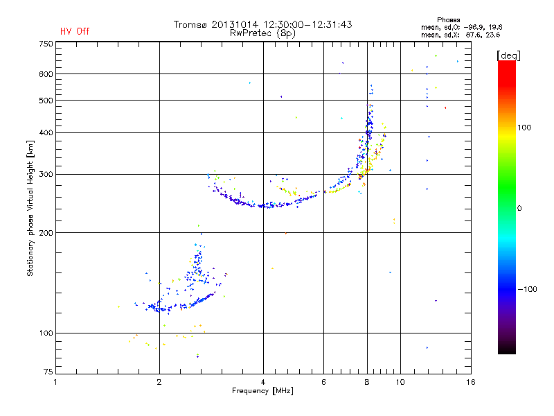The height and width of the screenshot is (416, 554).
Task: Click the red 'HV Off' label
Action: coord(74,31)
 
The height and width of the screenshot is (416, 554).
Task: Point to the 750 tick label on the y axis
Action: coord(45,44)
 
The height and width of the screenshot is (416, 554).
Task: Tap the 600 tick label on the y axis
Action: coord(45,74)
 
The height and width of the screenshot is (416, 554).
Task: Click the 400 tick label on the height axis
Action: coord(45,132)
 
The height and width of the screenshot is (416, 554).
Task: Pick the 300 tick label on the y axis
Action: coord(45,174)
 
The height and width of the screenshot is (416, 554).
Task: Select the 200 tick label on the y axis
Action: coord(45,233)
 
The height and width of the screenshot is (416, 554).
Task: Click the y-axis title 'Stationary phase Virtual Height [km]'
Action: coord(30,209)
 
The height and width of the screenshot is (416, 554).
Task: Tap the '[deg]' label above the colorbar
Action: coord(509,55)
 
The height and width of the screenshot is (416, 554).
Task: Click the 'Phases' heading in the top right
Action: coord(449,19)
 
